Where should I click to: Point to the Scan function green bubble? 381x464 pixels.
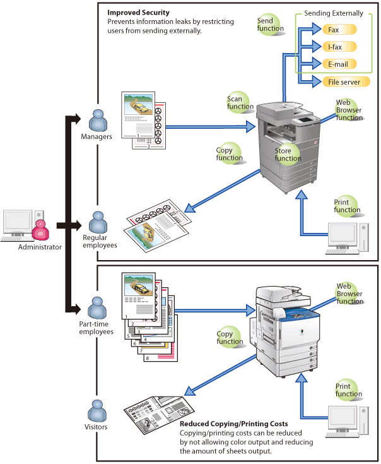coord(240,103)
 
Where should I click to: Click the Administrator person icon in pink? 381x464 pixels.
coord(40,228)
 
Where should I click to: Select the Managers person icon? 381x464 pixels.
coord(97,120)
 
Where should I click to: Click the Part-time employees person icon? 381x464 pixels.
coord(97,307)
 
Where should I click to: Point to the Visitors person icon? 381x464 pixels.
coord(97,411)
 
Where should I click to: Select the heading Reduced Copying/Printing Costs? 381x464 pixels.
coord(234,424)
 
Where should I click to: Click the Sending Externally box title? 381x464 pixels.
coord(334,13)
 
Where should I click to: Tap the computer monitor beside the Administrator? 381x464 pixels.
coord(16,222)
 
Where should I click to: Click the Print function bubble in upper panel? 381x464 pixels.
coord(347,206)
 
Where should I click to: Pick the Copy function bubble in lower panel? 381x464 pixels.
coord(229,338)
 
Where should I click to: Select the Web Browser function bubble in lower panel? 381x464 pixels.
coord(349,294)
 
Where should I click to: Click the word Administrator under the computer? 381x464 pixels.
coord(40,247)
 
